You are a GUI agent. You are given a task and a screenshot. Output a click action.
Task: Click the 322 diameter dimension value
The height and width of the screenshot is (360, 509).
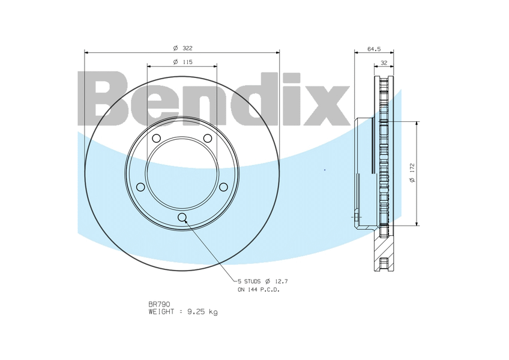tap(187, 48)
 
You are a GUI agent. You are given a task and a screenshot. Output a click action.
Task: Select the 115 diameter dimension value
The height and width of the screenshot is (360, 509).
tap(187, 62)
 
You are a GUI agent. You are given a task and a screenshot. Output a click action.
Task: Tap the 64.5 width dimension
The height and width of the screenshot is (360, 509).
tap(374, 49)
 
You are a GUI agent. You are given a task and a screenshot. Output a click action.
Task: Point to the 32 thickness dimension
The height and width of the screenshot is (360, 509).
tap(384, 62)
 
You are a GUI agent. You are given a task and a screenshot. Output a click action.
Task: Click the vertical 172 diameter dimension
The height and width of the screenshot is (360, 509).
tap(412, 169)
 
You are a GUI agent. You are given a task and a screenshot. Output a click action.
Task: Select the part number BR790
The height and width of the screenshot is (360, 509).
tap(159, 304)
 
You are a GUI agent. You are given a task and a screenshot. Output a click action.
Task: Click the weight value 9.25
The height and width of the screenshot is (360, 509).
tap(197, 311)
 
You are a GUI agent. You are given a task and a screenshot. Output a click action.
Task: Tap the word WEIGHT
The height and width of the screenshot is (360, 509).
tap(161, 311)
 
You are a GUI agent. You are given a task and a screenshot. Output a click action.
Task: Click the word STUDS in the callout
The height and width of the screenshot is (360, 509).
tap(252, 281)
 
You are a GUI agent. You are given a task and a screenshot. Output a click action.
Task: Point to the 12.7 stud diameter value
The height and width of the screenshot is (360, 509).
tap(282, 281)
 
